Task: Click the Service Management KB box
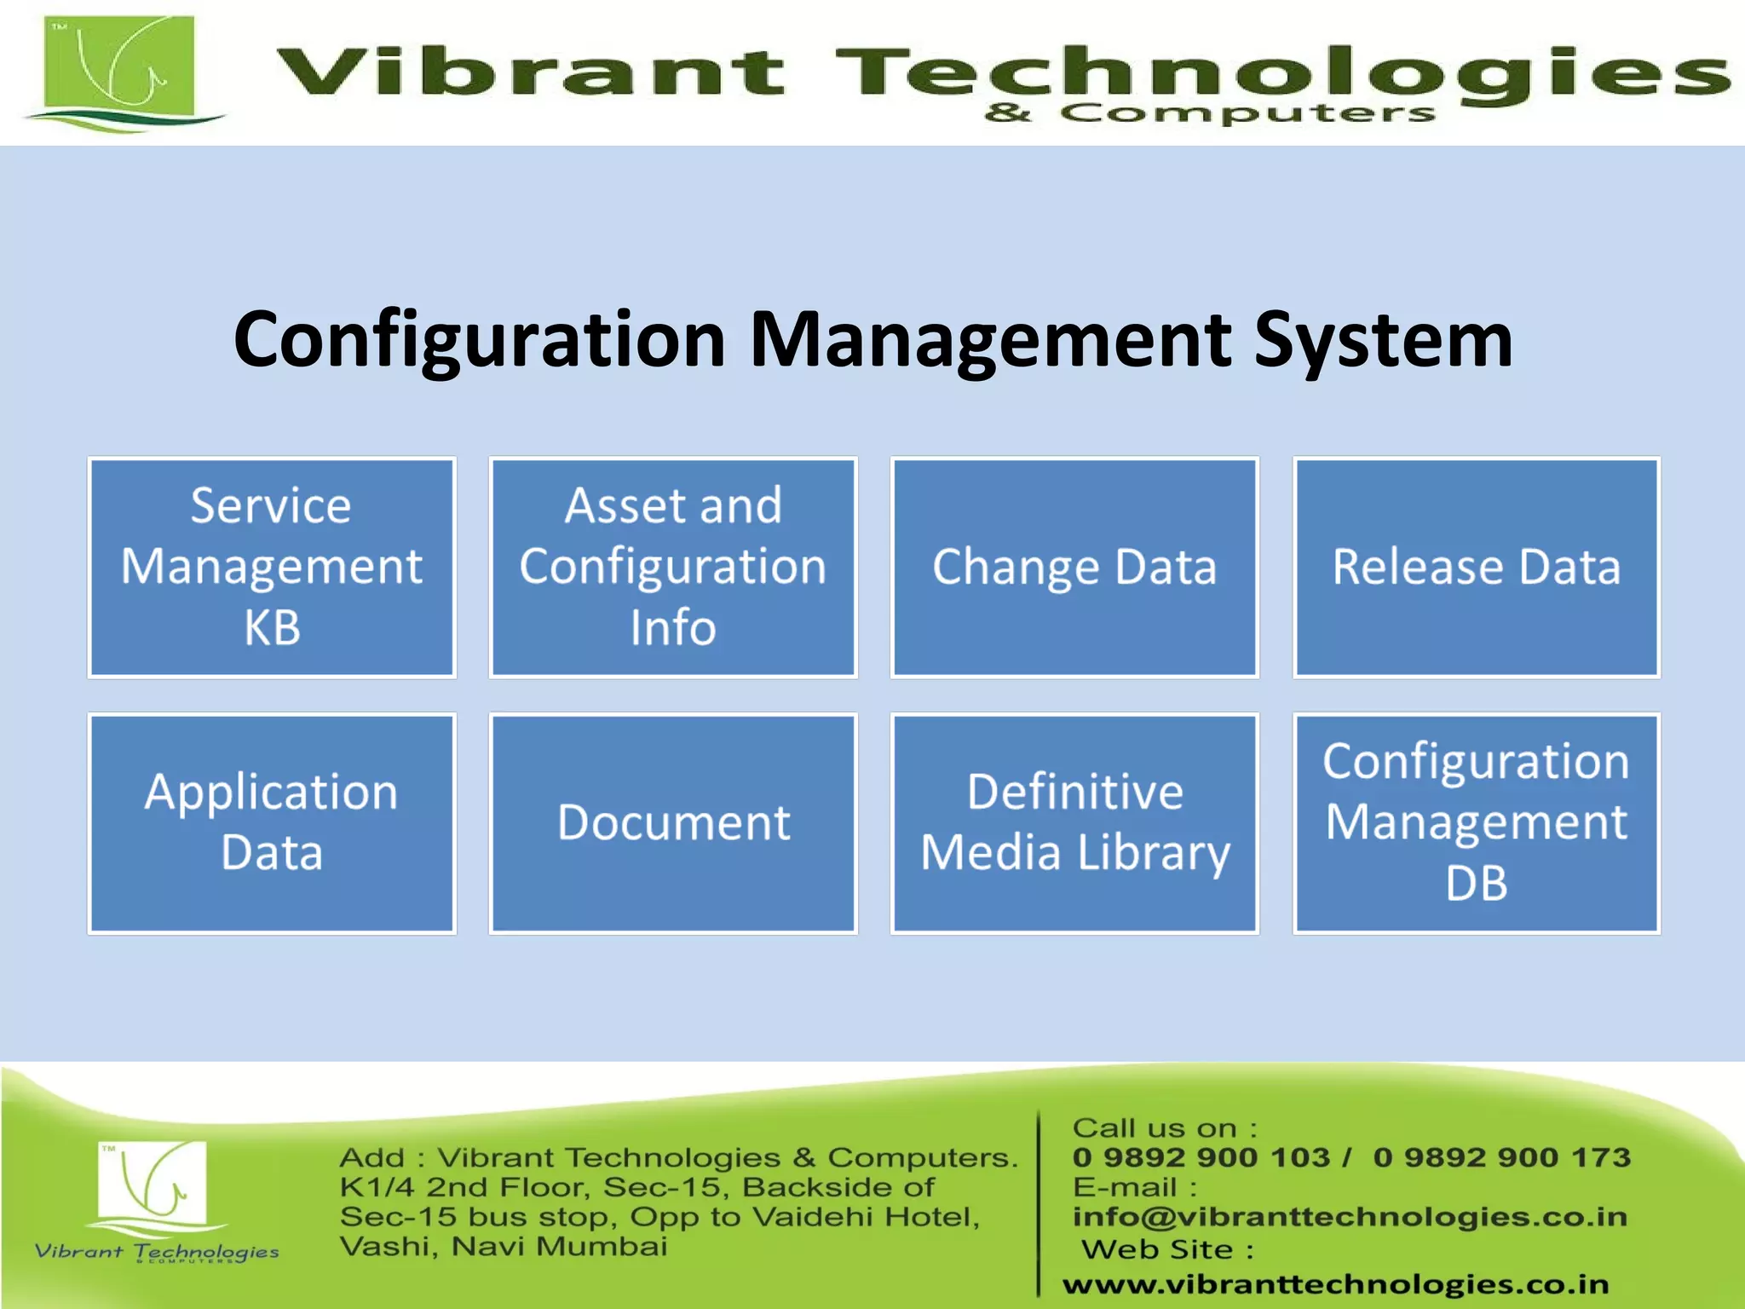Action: click(272, 567)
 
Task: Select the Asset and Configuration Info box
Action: click(673, 567)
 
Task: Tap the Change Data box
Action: click(1074, 567)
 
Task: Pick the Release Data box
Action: click(1477, 567)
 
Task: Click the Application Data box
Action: click(272, 823)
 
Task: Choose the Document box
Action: click(673, 823)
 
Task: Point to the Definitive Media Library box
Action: click(1074, 823)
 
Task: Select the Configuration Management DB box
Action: click(1477, 823)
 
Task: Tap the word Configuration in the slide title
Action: click(479, 341)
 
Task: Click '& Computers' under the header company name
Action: click(1210, 113)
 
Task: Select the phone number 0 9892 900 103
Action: click(1201, 1157)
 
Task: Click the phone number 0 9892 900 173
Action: click(1501, 1157)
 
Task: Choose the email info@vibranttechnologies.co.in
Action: click(1350, 1217)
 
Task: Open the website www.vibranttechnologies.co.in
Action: click(1335, 1283)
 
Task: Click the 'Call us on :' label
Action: click(1164, 1128)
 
